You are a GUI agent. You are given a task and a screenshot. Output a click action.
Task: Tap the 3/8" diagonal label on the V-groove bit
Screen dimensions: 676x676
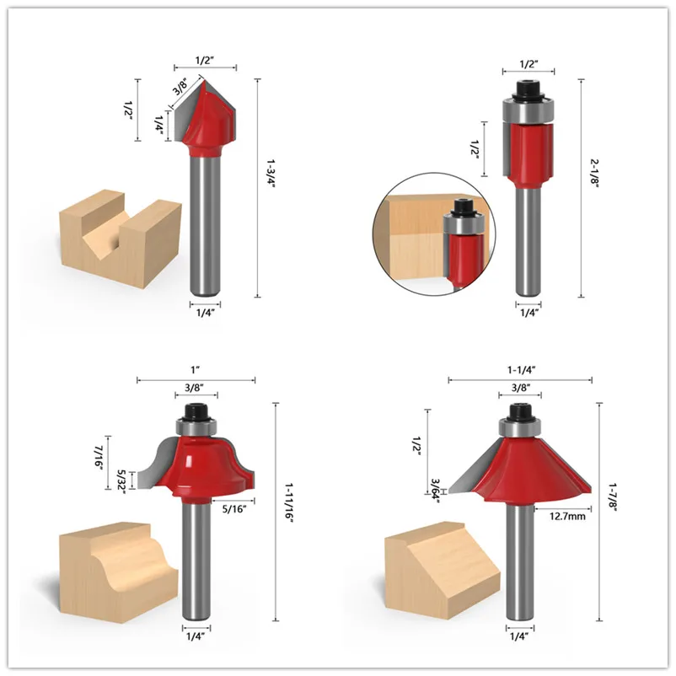(x=180, y=87)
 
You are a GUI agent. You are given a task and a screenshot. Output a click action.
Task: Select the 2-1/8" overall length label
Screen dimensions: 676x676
(x=595, y=172)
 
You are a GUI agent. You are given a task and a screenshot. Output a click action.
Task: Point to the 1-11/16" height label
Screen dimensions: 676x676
(x=288, y=502)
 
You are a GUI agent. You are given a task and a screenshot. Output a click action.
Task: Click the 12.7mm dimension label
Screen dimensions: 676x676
(x=567, y=516)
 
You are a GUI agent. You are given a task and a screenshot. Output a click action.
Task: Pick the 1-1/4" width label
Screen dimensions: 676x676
(x=521, y=370)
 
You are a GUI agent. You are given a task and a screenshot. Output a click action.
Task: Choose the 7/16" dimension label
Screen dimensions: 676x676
(x=98, y=458)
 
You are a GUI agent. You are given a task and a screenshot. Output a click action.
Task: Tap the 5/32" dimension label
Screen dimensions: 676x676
(x=121, y=481)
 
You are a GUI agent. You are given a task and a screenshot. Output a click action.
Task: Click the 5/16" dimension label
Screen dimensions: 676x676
(x=233, y=509)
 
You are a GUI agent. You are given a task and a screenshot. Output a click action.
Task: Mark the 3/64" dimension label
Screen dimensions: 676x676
(x=436, y=491)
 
